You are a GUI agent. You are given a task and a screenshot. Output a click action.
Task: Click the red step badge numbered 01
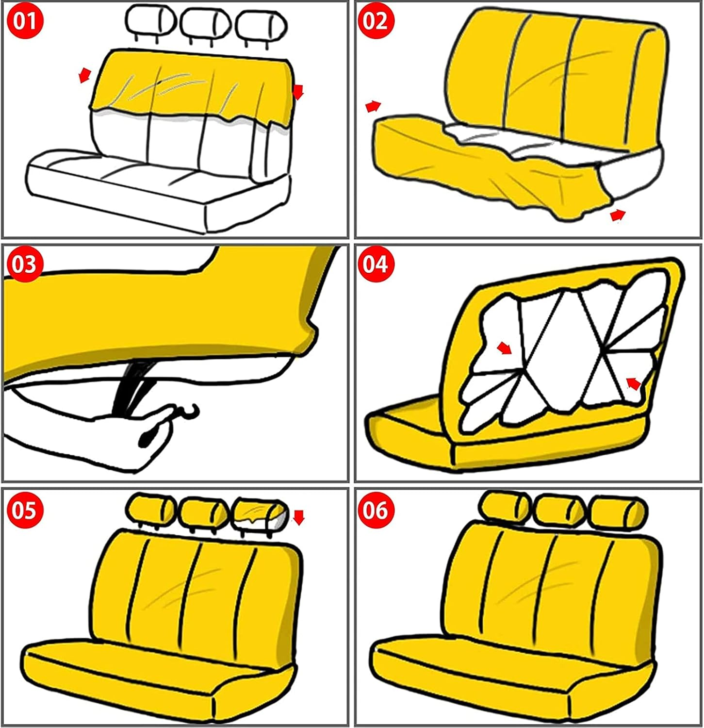coord(25,22)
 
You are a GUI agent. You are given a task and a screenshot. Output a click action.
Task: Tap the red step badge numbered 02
coord(375,22)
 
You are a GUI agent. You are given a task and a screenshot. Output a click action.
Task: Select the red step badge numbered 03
coord(25,265)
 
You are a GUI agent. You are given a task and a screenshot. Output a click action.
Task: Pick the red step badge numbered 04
coord(375,265)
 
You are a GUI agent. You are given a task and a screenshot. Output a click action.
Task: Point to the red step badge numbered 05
coord(25,511)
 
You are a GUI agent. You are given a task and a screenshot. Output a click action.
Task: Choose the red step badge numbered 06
coord(375,511)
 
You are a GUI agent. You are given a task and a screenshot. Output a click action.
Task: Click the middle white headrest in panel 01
coord(205,24)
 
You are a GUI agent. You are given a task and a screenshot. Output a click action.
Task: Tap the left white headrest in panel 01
coord(149,22)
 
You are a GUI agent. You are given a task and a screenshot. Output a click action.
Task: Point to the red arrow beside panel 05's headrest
coord(299,517)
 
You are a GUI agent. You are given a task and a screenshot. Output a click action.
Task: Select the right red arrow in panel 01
coord(298,91)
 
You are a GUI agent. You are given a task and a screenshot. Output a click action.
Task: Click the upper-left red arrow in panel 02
coord(373,106)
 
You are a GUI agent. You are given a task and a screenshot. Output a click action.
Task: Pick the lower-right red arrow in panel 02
coord(618,215)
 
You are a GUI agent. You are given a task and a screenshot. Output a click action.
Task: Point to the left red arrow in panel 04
coord(505,347)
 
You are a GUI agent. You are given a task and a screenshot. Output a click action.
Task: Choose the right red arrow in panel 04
coord(633,383)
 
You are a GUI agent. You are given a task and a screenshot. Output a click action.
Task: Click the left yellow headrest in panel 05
coord(151,510)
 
